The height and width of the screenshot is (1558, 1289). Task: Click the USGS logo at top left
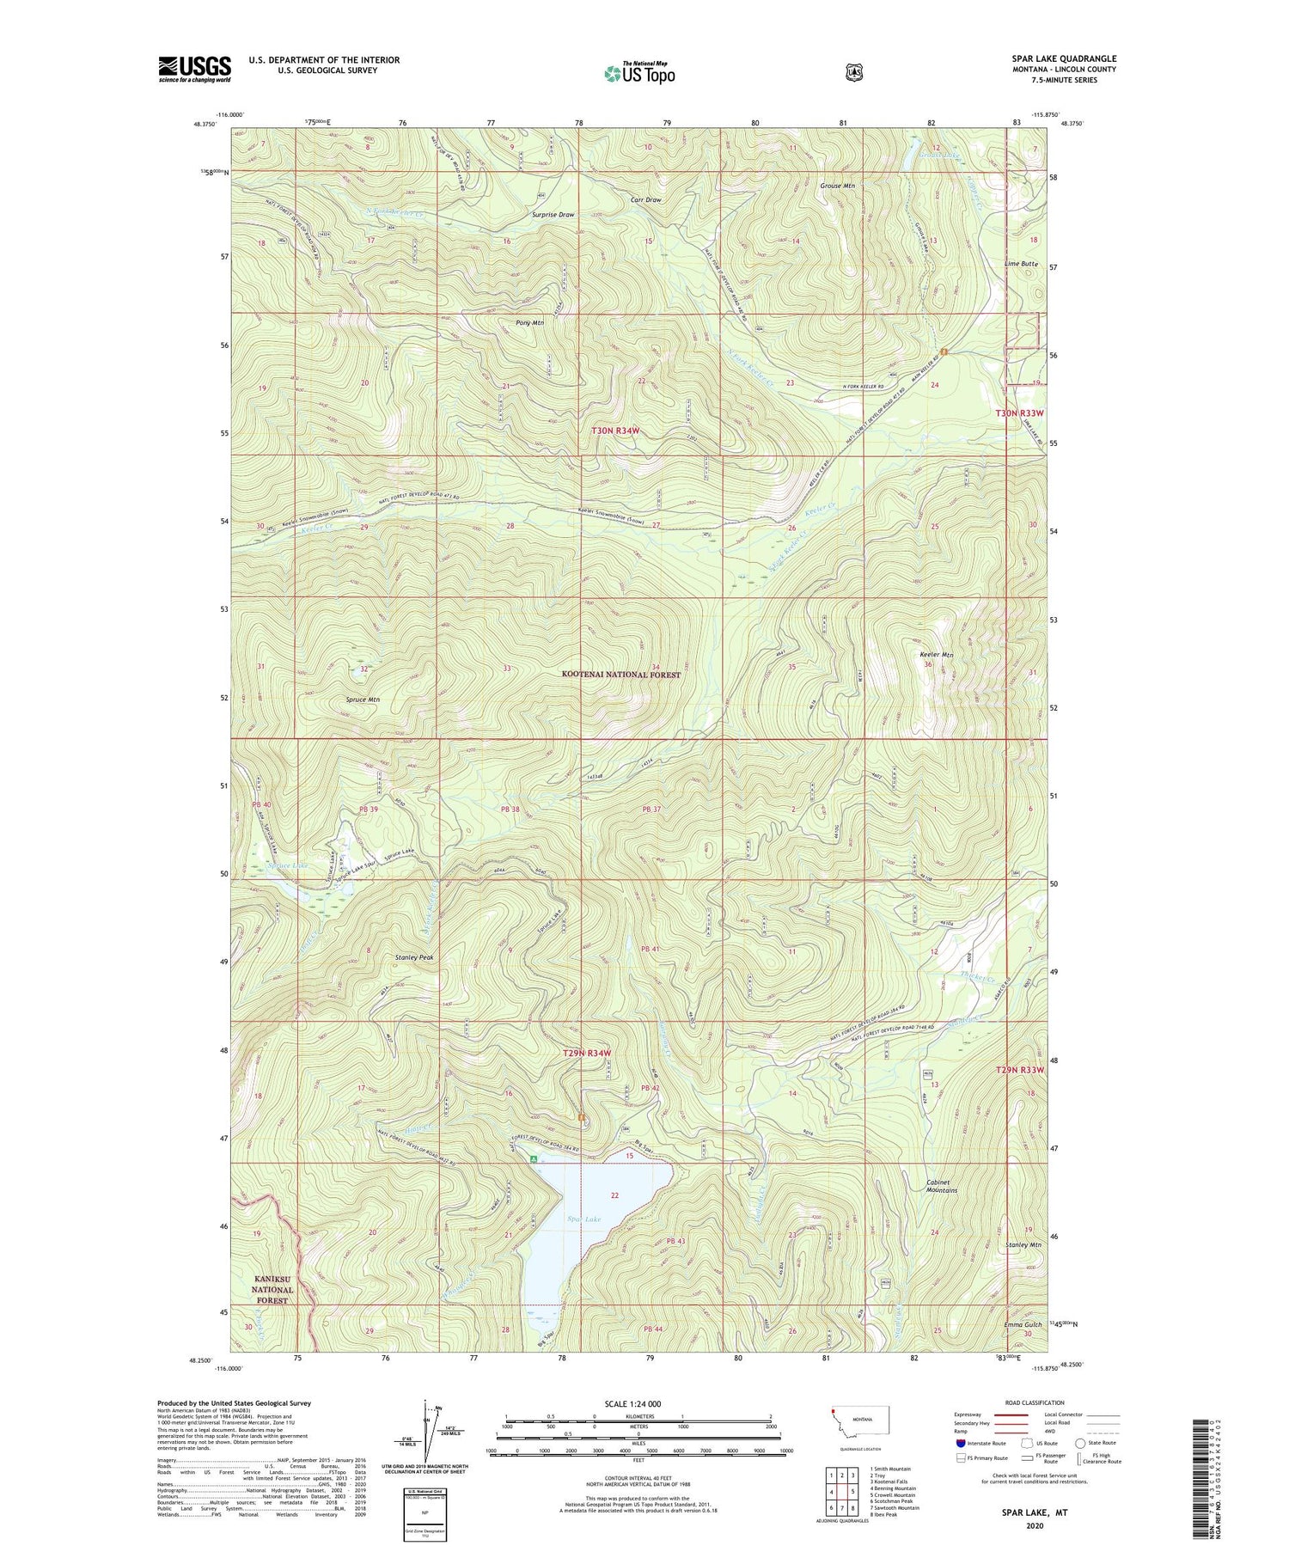194,69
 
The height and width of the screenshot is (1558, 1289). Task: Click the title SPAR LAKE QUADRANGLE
1064,58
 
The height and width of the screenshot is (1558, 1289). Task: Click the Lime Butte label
1022,264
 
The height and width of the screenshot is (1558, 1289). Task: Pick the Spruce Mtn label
363,700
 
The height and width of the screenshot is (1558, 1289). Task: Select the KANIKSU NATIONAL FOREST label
272,1290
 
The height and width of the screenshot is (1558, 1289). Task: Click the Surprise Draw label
553,215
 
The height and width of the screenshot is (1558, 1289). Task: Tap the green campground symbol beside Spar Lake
534,1159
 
